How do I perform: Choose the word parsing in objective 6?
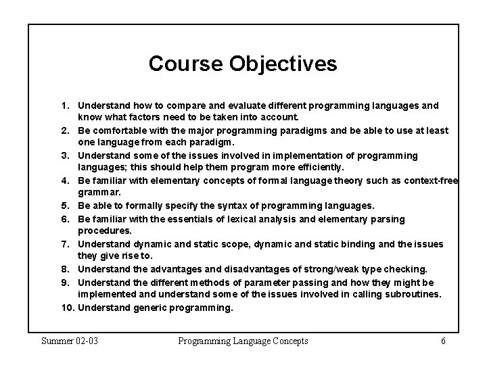pyautogui.click(x=389, y=218)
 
